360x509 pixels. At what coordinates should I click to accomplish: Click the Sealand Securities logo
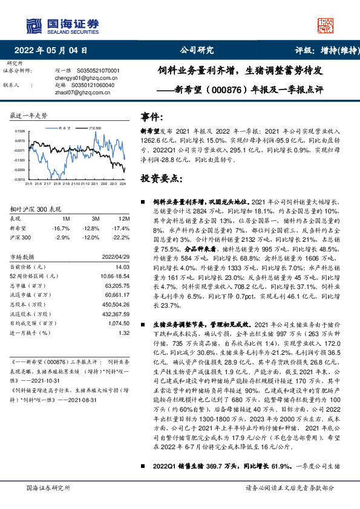[62, 25]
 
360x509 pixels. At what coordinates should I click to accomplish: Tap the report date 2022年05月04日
[54, 51]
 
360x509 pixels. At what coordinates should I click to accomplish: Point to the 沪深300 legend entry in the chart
[95, 128]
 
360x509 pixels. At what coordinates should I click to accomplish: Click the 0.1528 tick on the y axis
[21, 131]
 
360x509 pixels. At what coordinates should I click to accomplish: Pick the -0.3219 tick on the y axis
[21, 179]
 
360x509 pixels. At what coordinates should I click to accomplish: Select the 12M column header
[125, 218]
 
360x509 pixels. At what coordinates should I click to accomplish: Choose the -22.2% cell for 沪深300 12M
[123, 238]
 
